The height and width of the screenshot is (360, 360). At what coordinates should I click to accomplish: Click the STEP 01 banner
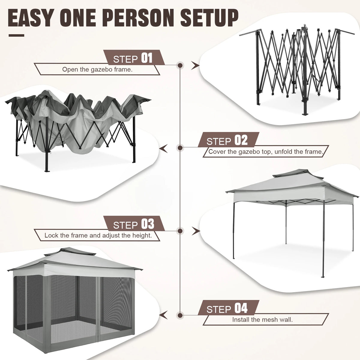[134, 58]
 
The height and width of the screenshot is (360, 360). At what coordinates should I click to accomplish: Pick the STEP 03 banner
[134, 224]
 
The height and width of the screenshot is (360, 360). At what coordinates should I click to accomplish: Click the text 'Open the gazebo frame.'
[97, 70]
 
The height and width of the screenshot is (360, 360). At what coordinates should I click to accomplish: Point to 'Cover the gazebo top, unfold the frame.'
[265, 152]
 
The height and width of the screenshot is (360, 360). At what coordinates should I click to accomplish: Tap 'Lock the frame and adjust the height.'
[98, 235]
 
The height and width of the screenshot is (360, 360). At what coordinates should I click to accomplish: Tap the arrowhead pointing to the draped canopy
[163, 148]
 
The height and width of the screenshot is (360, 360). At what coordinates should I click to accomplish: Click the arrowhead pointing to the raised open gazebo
[196, 230]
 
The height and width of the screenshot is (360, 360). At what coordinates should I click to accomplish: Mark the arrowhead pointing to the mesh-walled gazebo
[163, 315]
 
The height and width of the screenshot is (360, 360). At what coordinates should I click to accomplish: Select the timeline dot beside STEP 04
[180, 315]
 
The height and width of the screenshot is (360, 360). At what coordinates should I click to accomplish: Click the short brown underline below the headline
[16, 35]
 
